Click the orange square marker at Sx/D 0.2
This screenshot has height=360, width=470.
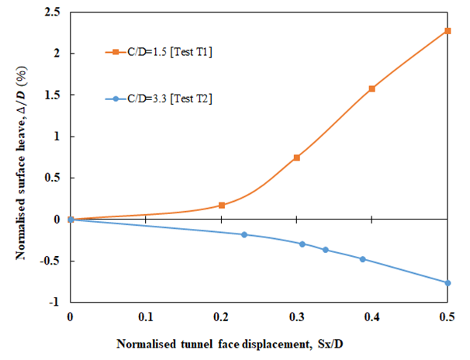click(x=222, y=206)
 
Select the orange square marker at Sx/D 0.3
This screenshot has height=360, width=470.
click(x=297, y=157)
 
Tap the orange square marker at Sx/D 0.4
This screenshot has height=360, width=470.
click(x=372, y=89)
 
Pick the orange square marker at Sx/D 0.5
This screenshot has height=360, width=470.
click(x=448, y=31)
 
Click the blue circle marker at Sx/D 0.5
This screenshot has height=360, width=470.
click(x=448, y=282)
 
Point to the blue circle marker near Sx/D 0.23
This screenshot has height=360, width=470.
click(x=244, y=234)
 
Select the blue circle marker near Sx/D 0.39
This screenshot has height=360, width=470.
click(x=362, y=259)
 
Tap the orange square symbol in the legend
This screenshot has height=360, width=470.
click(x=115, y=52)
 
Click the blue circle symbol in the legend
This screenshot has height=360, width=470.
click(x=115, y=99)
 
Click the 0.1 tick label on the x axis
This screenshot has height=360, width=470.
click(x=146, y=317)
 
